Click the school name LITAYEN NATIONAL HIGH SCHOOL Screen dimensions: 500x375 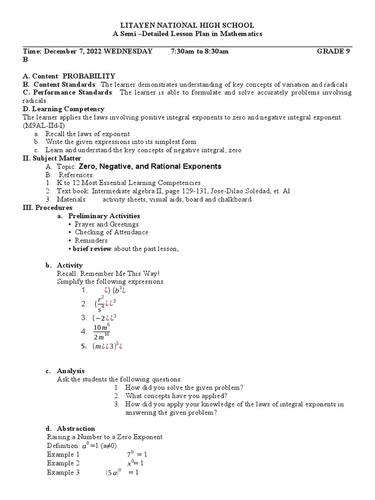tap(187, 25)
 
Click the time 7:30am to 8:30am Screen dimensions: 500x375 tap(200, 51)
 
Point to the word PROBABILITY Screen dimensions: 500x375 tap(88, 76)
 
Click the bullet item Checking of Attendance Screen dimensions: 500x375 tap(111, 232)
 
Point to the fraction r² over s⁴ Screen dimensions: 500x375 tap(101, 304)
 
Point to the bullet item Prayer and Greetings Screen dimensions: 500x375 tap(106, 224)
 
